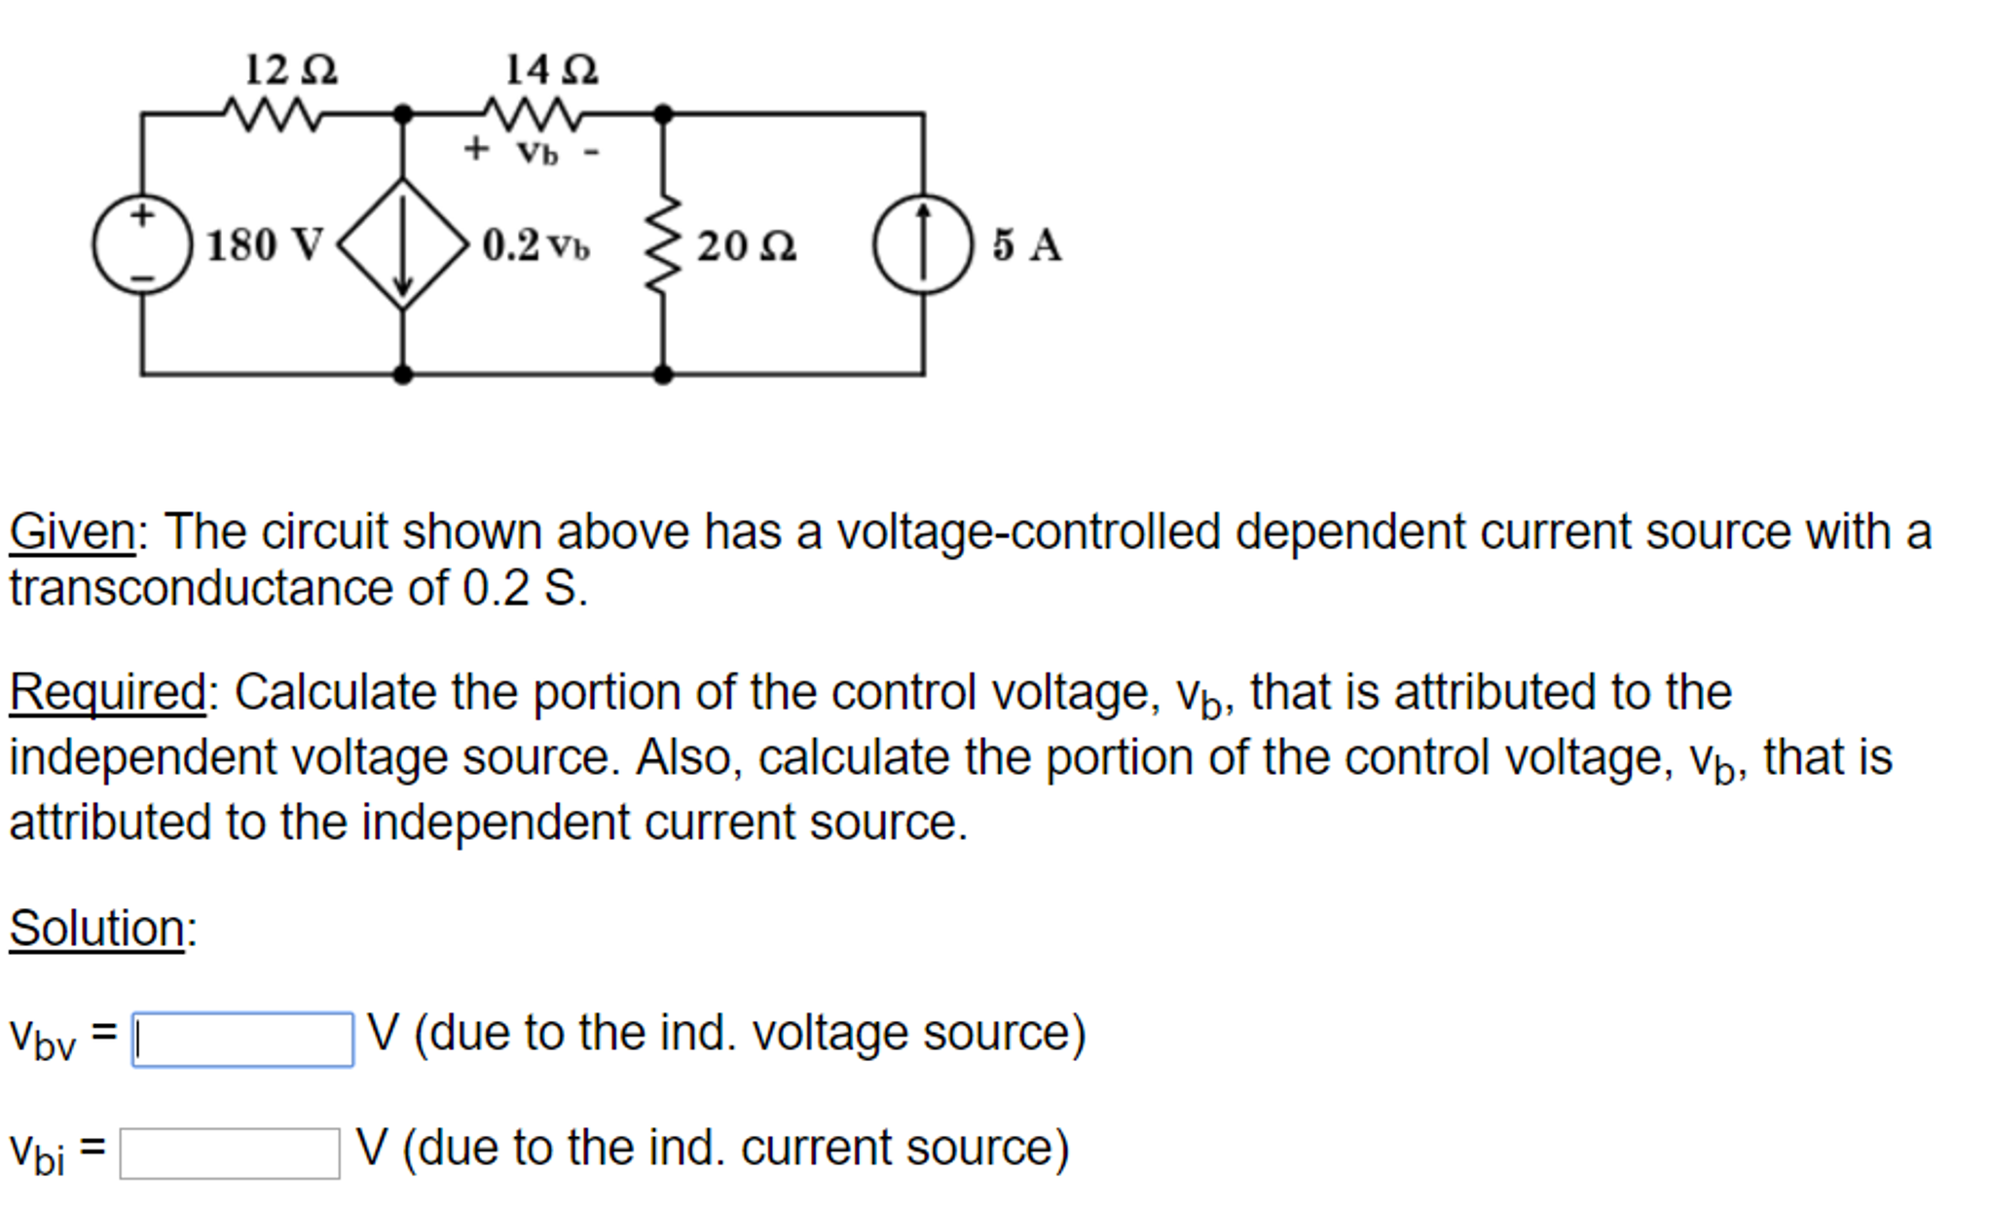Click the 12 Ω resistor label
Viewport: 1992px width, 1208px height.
click(x=290, y=70)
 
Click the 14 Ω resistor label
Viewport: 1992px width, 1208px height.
click(x=551, y=70)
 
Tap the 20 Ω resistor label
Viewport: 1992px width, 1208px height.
click(x=746, y=245)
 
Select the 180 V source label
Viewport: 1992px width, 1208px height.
click(x=263, y=244)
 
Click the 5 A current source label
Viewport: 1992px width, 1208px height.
click(x=1026, y=244)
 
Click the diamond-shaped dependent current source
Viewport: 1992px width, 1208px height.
click(x=403, y=244)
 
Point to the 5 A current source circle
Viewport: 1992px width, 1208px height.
click(x=923, y=244)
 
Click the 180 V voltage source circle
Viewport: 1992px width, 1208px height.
click(x=142, y=244)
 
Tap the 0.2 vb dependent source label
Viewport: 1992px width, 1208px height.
click(x=535, y=245)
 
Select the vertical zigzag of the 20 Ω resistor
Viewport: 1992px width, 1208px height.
click(x=663, y=244)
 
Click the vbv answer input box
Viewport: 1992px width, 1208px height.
click(x=242, y=1040)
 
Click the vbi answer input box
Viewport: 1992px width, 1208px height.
click(x=230, y=1153)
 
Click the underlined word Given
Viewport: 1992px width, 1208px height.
click(x=72, y=532)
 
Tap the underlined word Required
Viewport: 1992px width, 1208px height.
click(x=107, y=693)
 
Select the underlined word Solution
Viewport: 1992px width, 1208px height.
click(x=97, y=928)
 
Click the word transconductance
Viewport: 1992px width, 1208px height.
click(x=228, y=589)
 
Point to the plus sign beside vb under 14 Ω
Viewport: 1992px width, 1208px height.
click(x=475, y=149)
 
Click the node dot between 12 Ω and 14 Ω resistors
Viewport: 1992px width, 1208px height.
click(x=403, y=114)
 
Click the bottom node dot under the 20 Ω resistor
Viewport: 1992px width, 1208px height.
click(x=663, y=374)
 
